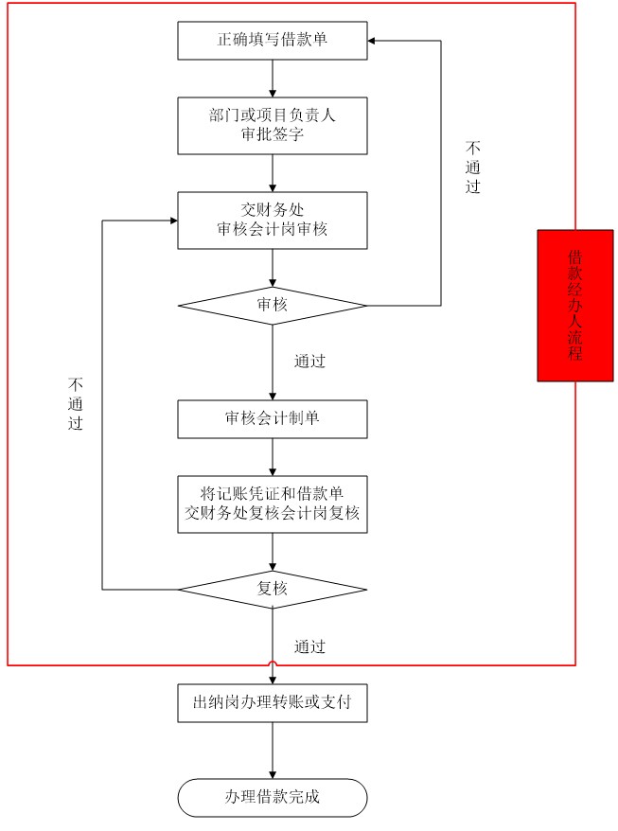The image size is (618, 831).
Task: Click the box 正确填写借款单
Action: pos(273,41)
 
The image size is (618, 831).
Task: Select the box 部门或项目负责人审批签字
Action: pos(273,126)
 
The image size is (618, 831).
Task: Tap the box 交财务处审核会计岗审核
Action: pos(273,220)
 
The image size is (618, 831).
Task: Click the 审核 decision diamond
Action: pos(273,306)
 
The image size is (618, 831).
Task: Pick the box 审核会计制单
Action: pos(273,418)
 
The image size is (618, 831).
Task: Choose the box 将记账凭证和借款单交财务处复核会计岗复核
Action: pos(273,504)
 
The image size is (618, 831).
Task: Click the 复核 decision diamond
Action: pos(273,590)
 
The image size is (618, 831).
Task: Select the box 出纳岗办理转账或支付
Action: pos(273,702)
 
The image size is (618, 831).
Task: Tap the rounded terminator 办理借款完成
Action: pos(273,798)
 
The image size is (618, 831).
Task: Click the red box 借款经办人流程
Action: pos(575,306)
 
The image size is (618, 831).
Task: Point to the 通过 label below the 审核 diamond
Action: pos(309,362)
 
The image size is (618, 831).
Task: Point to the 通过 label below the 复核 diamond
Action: pos(309,646)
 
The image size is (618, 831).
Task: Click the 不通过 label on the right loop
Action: pos(473,167)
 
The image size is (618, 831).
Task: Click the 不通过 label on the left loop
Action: pos(76,403)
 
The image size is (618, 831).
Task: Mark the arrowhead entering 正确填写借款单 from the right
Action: pos(372,41)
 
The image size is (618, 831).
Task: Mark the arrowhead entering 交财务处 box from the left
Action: pos(174,221)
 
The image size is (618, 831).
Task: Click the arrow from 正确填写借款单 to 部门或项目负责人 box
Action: pos(273,79)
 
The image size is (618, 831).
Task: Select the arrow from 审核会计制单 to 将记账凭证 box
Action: pos(273,457)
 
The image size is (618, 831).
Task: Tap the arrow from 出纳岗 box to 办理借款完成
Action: pos(273,751)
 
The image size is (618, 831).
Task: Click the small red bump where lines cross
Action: pos(273,663)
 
